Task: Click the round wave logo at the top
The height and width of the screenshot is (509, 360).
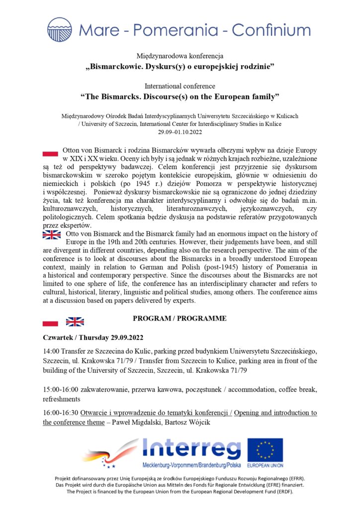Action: [x=60, y=29]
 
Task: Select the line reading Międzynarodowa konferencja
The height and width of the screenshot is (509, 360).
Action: [x=180, y=56]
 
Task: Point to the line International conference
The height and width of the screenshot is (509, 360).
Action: [x=180, y=86]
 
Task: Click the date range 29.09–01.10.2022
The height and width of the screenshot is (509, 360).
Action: [x=180, y=132]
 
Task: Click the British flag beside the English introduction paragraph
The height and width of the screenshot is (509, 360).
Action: [x=52, y=235]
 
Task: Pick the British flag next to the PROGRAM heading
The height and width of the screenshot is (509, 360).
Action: [x=75, y=322]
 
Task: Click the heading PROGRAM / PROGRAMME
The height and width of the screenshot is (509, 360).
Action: [x=180, y=319]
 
